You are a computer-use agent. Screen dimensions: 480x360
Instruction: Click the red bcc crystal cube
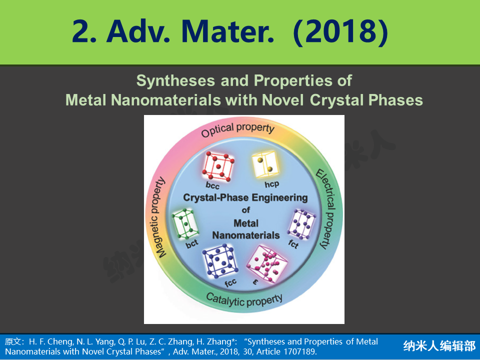pos(218,166)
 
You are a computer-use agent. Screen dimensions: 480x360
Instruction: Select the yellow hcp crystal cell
pos(265,164)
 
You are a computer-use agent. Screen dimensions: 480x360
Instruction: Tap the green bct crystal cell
pos(185,224)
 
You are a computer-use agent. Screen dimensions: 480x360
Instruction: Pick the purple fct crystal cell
pos(301,224)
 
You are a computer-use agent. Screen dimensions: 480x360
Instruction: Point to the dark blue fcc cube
pos(220,260)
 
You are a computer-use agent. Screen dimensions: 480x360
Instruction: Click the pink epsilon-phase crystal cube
pos(267,263)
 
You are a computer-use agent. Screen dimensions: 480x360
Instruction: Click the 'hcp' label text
pos(272,184)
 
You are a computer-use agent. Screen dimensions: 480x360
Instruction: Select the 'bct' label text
pos(192,244)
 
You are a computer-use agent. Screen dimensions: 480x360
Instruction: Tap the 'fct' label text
pos(293,244)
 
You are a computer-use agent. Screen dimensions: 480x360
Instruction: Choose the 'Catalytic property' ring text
pos(244,300)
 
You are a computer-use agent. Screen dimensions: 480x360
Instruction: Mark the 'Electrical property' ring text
pos(326,209)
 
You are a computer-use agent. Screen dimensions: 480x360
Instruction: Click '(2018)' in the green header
pos(340,32)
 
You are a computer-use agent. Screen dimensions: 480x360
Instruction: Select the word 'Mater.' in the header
pos(228,32)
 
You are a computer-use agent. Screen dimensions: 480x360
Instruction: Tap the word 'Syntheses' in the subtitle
pos(175,81)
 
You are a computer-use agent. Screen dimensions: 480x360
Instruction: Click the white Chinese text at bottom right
pos(439,346)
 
